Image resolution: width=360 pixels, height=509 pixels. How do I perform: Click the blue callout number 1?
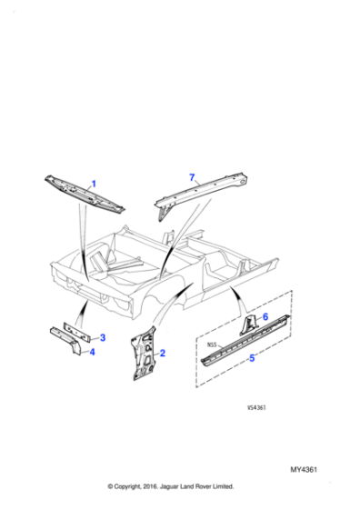pos(93,184)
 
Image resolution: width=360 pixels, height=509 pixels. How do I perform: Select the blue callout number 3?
pos(103,337)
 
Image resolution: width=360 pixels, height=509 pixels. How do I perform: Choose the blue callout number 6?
pos(265,316)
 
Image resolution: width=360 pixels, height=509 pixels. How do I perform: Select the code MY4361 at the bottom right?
pos(308,469)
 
